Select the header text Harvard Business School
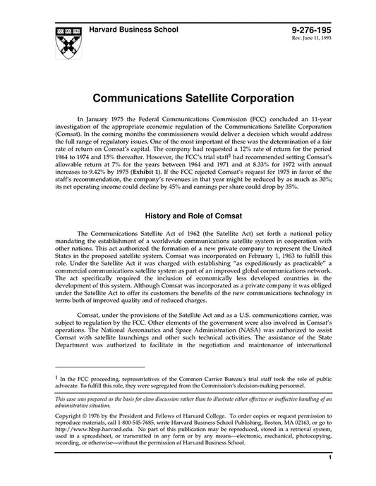[x=133, y=30]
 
